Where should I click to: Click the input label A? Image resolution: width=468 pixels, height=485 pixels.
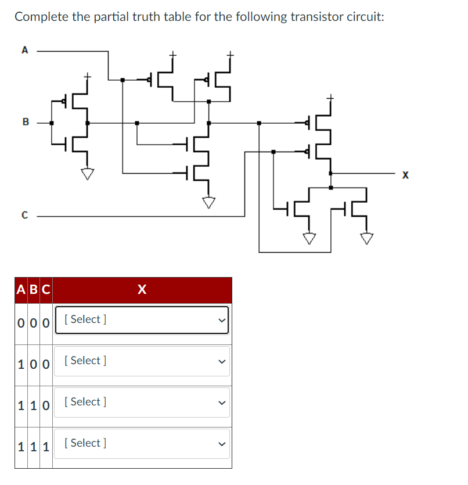tap(24, 51)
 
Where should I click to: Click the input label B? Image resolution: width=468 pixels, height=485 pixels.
tap(25, 123)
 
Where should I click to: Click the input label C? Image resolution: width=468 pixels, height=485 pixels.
tap(24, 216)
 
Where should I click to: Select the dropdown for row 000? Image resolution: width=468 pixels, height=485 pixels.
tap(142, 319)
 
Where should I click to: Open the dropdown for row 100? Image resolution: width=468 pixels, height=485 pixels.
tap(142, 361)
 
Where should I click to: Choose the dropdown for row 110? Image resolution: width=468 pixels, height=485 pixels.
tap(142, 402)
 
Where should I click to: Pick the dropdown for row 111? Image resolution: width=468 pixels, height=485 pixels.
tap(142, 443)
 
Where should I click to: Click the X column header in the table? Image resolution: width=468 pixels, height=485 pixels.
tap(142, 289)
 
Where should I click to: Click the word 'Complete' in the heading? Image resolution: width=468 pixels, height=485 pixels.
tap(41, 16)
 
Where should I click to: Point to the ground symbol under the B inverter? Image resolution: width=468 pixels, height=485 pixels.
tap(87, 173)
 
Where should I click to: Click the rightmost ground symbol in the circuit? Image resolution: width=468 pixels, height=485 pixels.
tap(366, 238)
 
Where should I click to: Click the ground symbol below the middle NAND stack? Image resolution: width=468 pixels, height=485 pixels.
tap(208, 202)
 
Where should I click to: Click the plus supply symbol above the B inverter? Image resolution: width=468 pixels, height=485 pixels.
tap(87, 76)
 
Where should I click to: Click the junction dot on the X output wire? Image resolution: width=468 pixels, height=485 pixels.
tap(331, 173)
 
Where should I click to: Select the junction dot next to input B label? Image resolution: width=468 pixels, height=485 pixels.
tap(52, 123)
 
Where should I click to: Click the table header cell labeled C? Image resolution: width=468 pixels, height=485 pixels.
tap(45, 289)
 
